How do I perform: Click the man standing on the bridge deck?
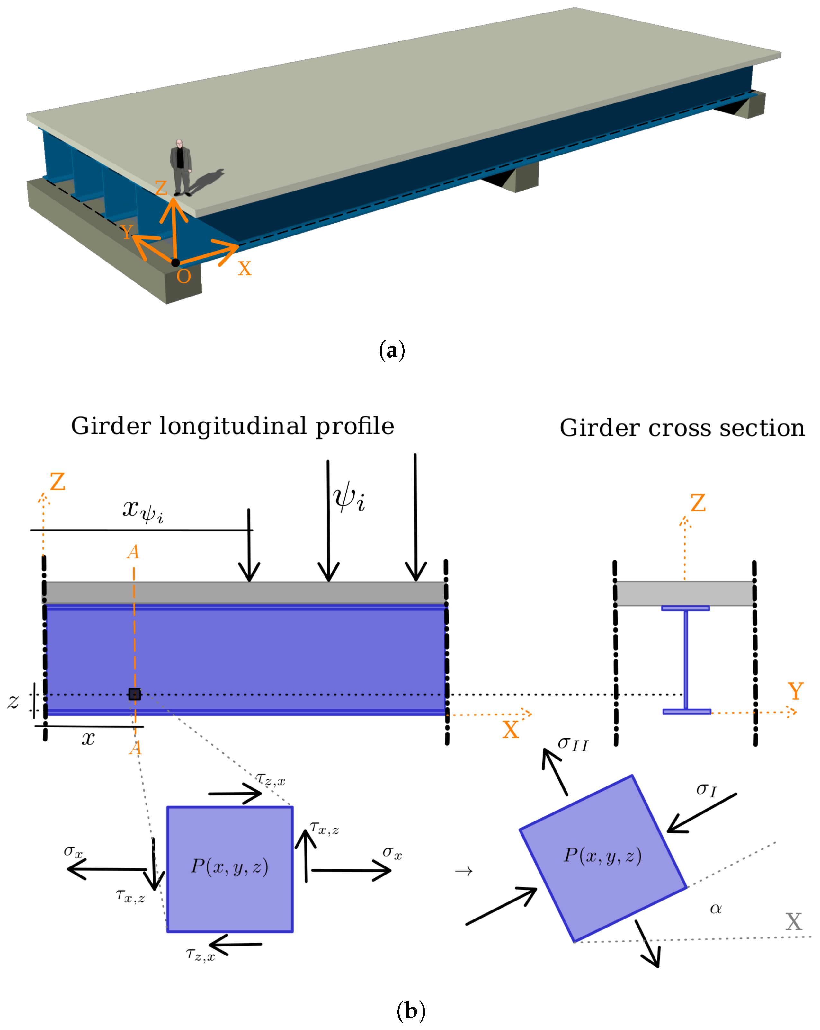point(181,167)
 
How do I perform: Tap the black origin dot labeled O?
point(175,262)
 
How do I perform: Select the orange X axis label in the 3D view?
point(244,269)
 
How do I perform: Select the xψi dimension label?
point(142,511)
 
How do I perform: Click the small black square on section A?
point(134,694)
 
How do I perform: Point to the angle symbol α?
point(715,908)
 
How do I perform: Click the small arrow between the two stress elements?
point(463,871)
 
